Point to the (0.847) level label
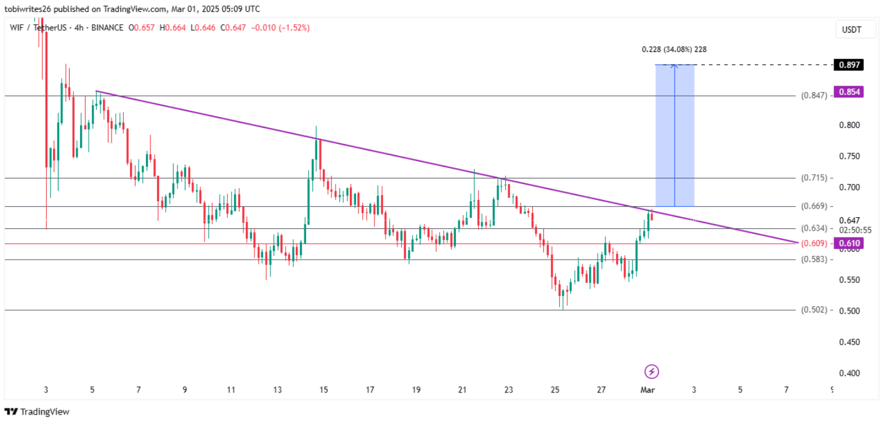point(813,95)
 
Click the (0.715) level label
point(813,178)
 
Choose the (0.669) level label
point(813,206)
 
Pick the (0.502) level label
point(813,310)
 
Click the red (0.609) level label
point(813,244)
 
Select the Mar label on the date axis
point(647,389)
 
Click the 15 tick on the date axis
point(323,389)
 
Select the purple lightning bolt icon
point(652,372)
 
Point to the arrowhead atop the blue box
point(675,66)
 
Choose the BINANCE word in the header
point(107,28)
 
